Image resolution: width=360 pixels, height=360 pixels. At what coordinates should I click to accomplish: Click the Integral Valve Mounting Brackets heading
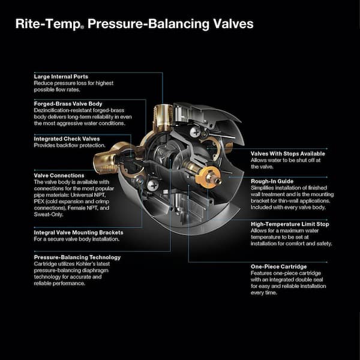click(79, 232)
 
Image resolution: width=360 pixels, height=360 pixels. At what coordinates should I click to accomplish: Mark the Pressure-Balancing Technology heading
click(77, 257)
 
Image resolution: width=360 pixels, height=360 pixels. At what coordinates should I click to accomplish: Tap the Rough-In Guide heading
click(272, 181)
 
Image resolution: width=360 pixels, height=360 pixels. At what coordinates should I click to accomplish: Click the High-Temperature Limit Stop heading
click(290, 224)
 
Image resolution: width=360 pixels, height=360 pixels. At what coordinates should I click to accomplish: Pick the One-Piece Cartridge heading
click(278, 266)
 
